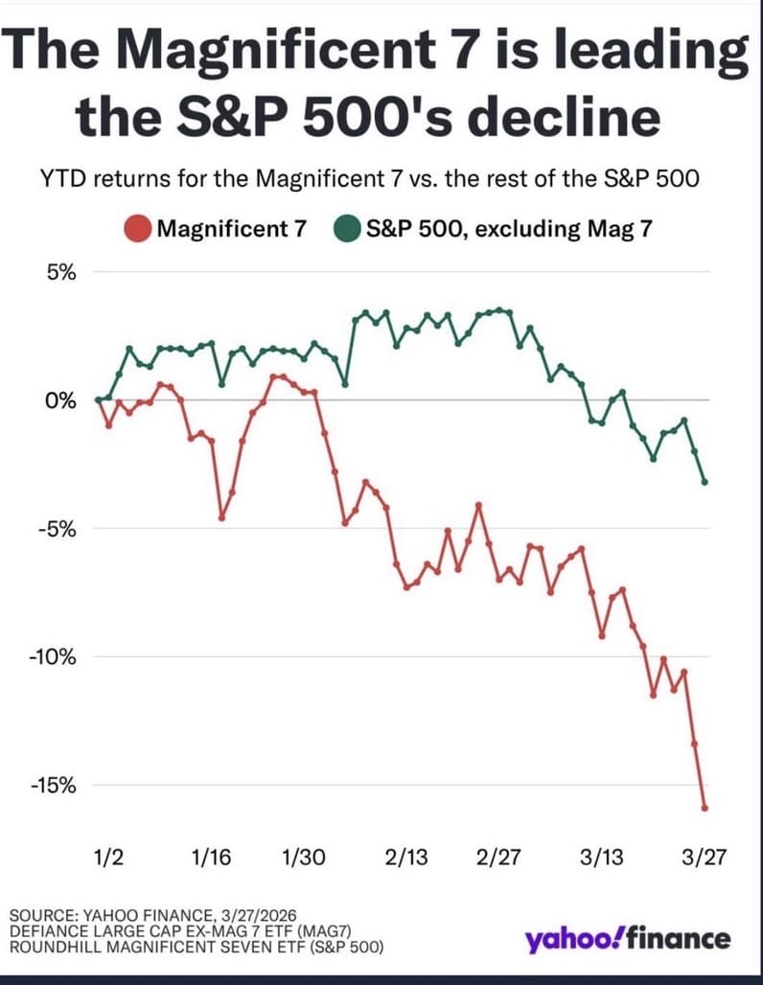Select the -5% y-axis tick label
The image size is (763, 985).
(59, 528)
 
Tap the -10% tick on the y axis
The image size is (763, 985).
(56, 656)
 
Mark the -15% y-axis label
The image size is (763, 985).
(56, 785)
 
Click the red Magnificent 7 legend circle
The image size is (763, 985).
(138, 230)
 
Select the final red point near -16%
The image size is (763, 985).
(705, 808)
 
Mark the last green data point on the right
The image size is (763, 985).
(705, 482)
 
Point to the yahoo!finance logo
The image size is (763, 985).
(627, 939)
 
